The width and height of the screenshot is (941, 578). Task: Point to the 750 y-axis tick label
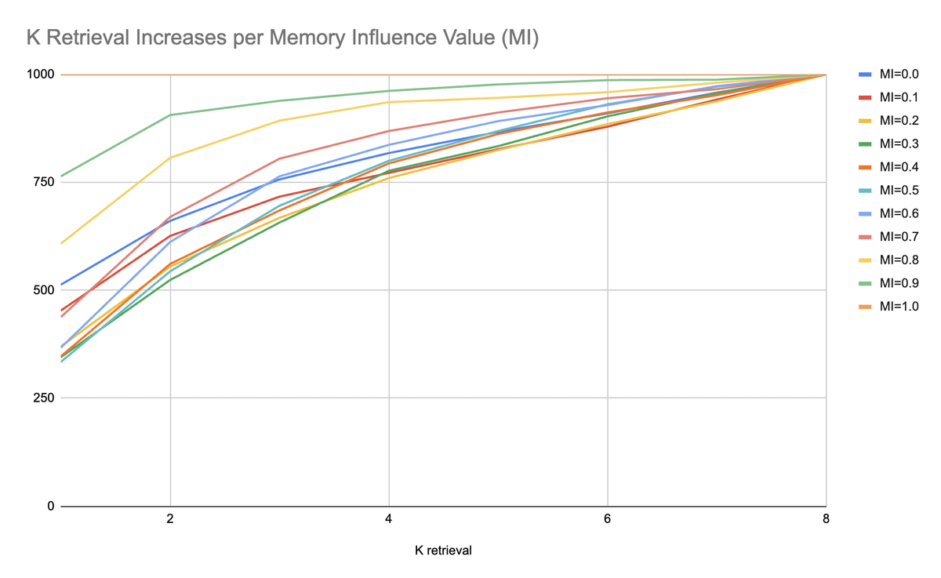43,183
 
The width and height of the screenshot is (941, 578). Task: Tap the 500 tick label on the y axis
43,290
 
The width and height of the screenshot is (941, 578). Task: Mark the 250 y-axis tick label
43,398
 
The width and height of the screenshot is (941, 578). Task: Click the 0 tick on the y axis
50,506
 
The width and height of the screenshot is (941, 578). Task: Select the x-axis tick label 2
170,520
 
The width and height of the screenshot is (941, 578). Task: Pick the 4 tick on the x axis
389,520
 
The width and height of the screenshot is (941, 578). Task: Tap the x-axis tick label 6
607,520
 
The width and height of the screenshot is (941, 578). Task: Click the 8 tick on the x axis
826,520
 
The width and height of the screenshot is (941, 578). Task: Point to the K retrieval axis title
443,551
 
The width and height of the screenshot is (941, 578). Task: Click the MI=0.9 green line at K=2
170,115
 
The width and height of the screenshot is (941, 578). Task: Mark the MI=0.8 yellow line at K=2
170,158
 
